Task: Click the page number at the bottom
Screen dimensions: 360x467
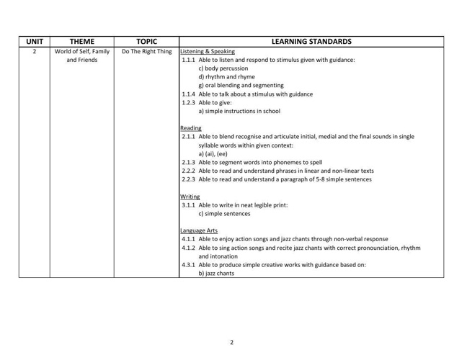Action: [x=232, y=341]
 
